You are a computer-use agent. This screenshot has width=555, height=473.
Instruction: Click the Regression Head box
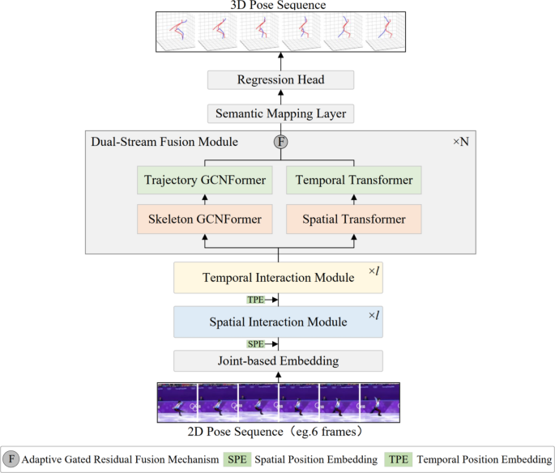coord(280,80)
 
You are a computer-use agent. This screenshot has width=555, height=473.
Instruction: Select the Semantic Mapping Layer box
coord(280,113)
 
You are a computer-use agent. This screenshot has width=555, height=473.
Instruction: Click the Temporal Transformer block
coord(353,180)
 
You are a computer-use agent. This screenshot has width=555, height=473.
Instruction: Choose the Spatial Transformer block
coord(353,219)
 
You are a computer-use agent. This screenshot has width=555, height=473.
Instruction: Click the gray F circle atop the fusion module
coord(281,143)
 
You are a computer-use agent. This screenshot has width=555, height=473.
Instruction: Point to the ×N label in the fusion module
coord(460,143)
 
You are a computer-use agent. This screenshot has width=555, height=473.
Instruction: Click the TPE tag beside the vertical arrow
coord(256,300)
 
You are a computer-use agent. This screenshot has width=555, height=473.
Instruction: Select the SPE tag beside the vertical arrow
coord(256,343)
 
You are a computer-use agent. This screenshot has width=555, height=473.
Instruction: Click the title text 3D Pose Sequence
coord(278,6)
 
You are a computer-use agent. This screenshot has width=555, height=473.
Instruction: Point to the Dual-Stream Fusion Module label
coord(164,143)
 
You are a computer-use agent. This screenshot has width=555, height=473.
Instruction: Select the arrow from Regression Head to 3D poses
coord(281,62)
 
